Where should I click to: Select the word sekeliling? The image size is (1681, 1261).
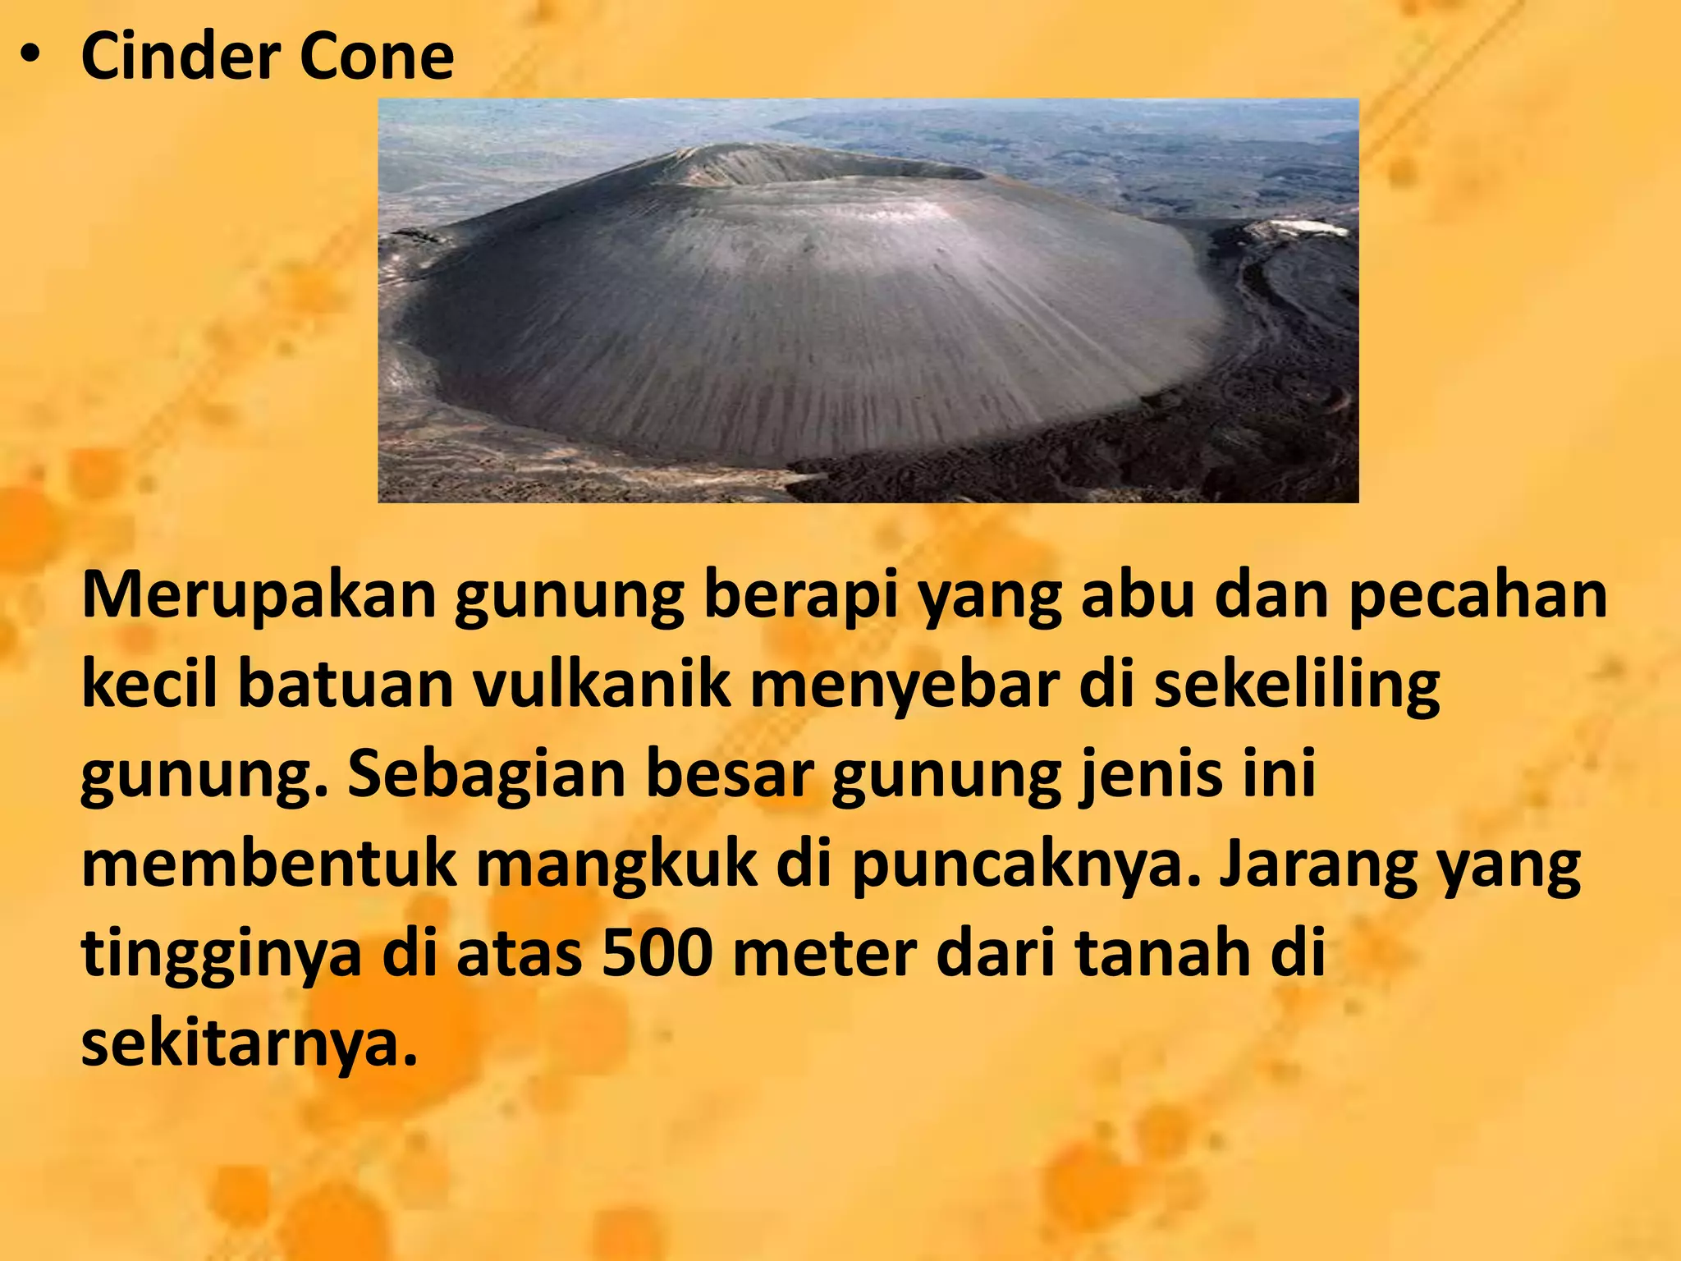1297,685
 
